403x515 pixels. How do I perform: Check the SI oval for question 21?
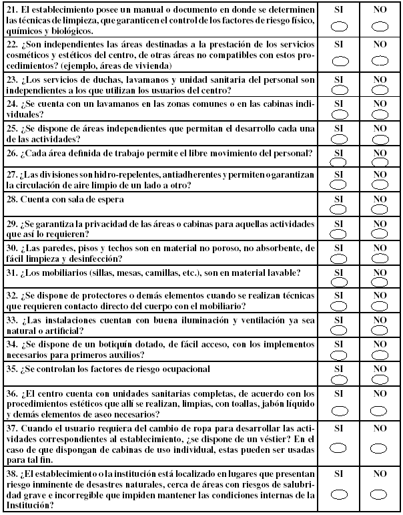pos(340,26)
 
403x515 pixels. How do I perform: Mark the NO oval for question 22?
pos(380,61)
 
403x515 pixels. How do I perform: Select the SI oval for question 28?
pos(340,206)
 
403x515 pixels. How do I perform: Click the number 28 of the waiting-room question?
pos(11,200)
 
